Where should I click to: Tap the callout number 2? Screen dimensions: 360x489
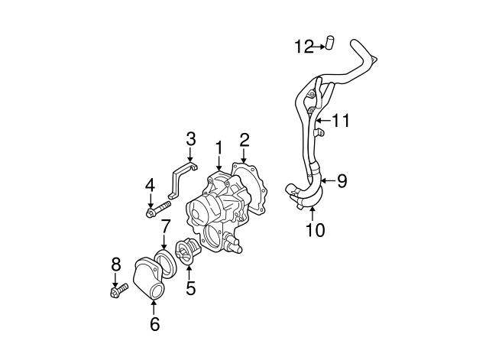point(244,139)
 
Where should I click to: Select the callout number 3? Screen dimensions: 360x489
point(191,139)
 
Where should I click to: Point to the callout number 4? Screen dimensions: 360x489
point(151,184)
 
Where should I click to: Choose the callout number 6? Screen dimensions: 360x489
point(154,324)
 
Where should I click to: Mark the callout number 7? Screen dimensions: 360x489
point(165,227)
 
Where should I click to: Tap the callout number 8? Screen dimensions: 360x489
point(116,264)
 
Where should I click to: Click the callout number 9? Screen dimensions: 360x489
point(342,180)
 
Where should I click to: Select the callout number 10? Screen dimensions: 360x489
point(314,229)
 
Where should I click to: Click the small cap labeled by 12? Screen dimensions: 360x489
point(331,44)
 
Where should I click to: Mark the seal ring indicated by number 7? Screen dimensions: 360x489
point(164,260)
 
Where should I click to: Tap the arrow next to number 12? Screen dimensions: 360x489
point(317,47)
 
